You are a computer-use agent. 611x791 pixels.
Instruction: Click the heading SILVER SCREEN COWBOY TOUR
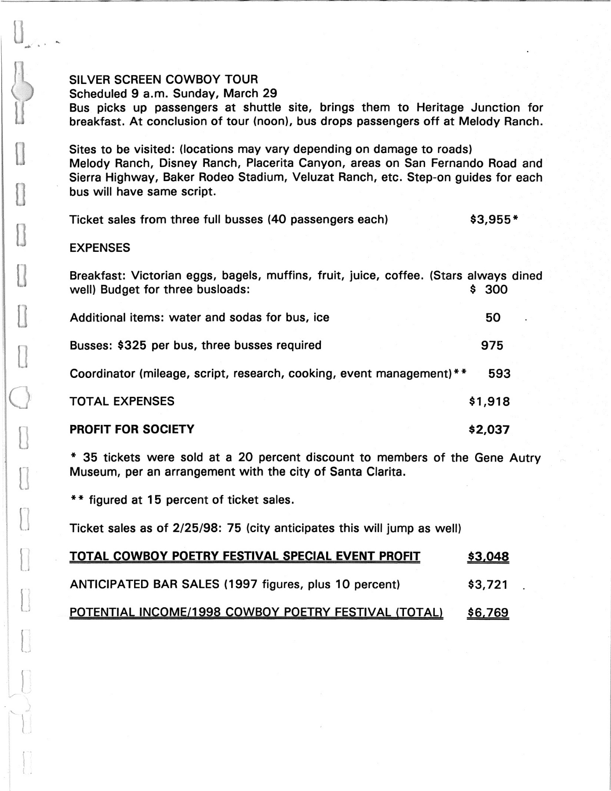click(164, 80)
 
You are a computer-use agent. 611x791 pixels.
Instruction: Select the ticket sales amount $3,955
click(490, 219)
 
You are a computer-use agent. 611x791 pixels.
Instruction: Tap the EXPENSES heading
click(100, 248)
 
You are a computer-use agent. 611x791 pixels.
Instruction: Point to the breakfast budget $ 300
click(489, 290)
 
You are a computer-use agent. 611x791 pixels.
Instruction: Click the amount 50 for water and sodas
click(493, 318)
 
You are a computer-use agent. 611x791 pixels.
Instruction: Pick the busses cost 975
click(492, 345)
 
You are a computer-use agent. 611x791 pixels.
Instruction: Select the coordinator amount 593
click(499, 374)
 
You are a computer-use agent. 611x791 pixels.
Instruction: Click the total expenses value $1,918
click(489, 401)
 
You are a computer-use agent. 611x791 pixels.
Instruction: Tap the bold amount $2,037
click(489, 429)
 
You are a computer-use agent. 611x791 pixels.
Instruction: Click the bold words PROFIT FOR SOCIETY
click(132, 429)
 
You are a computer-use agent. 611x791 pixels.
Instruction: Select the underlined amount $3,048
click(488, 557)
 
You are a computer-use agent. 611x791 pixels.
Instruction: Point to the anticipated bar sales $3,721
click(488, 585)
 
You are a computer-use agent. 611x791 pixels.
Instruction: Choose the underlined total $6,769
click(488, 613)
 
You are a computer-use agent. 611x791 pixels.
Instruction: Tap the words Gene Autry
click(507, 457)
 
